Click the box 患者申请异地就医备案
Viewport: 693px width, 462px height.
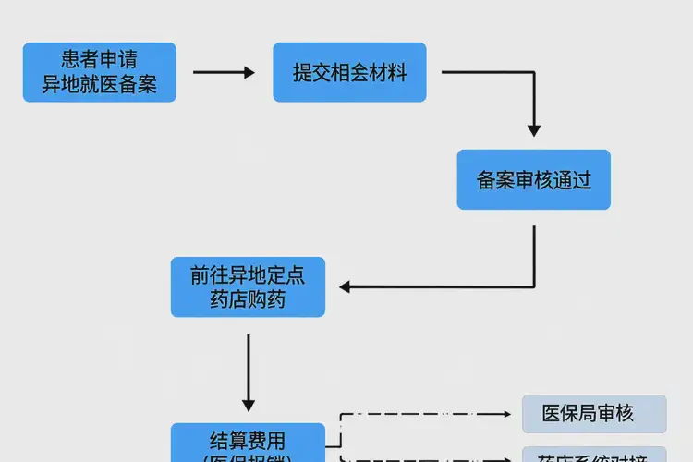(x=99, y=72)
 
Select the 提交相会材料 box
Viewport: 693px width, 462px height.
(x=349, y=72)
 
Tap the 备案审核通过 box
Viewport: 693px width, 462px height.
(x=533, y=179)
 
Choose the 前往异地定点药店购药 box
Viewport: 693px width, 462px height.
(x=248, y=286)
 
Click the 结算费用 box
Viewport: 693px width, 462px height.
(x=248, y=442)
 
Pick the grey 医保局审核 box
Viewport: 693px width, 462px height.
(x=593, y=414)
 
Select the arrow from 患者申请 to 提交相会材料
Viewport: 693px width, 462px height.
(x=224, y=72)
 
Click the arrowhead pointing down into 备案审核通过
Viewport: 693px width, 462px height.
(x=533, y=130)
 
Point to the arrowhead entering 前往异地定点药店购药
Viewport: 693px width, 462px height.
(x=345, y=286)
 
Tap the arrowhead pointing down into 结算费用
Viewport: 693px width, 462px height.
(x=248, y=404)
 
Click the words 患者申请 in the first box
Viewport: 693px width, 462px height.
(x=99, y=60)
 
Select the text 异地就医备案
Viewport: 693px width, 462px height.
(x=99, y=84)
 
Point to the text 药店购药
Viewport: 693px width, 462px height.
(x=248, y=299)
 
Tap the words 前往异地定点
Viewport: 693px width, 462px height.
(x=248, y=274)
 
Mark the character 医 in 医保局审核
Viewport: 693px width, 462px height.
(x=553, y=414)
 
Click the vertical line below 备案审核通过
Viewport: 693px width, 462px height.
(x=534, y=254)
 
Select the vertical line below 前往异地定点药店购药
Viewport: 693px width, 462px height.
(x=248, y=365)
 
